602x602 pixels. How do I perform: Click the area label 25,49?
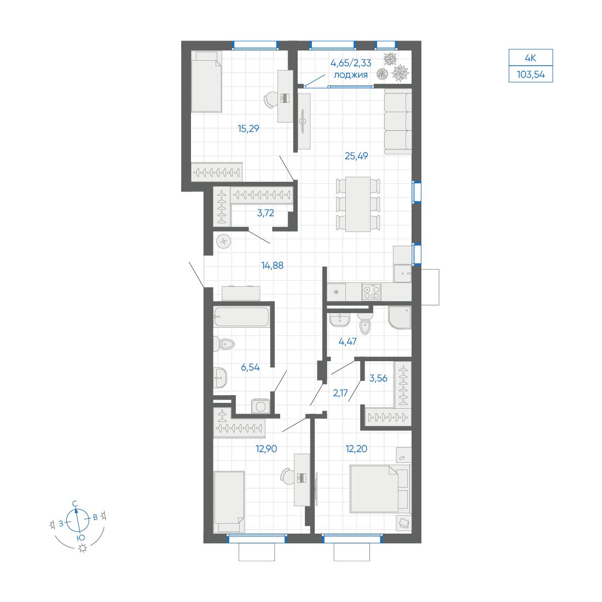pyautogui.click(x=356, y=156)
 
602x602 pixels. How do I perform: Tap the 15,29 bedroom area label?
pyautogui.click(x=248, y=129)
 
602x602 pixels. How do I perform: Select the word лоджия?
pyautogui.click(x=350, y=74)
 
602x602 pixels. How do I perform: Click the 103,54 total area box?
pyautogui.click(x=530, y=74)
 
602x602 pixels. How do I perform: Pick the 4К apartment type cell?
pyautogui.click(x=530, y=57)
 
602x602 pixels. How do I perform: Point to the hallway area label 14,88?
pyautogui.click(x=272, y=265)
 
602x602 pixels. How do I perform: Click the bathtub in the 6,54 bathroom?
pyautogui.click(x=241, y=317)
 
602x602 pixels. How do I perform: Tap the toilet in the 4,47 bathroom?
pyautogui.click(x=365, y=326)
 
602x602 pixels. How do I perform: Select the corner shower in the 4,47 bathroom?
pyautogui.click(x=399, y=317)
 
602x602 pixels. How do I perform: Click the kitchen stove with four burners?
pyautogui.click(x=371, y=292)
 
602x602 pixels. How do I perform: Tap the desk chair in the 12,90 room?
pyautogui.click(x=287, y=476)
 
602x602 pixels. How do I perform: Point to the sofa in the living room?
pyautogui.click(x=397, y=121)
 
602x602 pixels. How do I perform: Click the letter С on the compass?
pyautogui.click(x=75, y=503)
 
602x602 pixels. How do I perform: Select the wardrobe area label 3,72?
pyautogui.click(x=265, y=213)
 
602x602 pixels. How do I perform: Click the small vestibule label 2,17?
pyautogui.click(x=340, y=392)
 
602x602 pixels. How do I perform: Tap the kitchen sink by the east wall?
pyautogui.click(x=403, y=272)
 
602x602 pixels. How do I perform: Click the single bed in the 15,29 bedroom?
pyautogui.click(x=206, y=82)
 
